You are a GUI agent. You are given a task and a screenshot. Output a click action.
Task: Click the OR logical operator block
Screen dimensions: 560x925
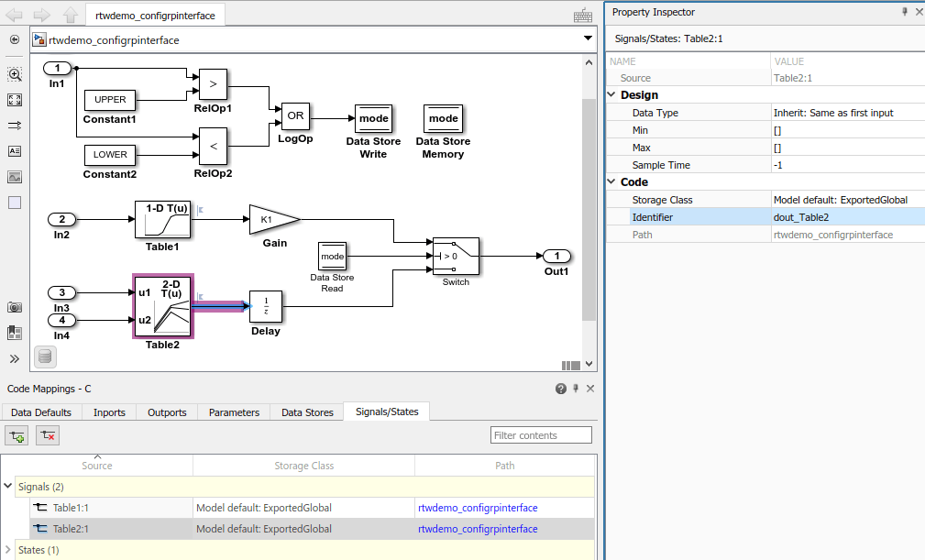coord(295,116)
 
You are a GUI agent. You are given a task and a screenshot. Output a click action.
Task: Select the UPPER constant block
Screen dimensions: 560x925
coord(110,99)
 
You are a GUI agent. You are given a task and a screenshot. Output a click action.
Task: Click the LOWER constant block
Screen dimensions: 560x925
coord(110,154)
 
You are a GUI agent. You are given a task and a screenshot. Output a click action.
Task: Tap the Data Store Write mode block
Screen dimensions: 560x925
coord(373,118)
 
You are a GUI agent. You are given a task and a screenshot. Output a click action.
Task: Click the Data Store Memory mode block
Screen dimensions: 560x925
coord(443,118)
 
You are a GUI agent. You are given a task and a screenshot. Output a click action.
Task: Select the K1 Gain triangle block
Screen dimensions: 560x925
coord(270,219)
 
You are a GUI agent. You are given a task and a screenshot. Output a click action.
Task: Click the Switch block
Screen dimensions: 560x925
coord(456,256)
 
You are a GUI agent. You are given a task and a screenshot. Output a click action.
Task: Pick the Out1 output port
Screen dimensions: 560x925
coord(556,256)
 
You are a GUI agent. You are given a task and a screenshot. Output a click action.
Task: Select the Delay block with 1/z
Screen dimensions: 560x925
coord(266,306)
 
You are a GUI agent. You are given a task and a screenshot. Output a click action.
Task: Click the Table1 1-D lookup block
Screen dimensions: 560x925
coord(163,220)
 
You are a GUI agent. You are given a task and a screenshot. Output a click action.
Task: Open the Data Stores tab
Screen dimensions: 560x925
coord(307,412)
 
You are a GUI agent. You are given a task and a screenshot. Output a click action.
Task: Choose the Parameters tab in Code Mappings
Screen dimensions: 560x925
coord(234,412)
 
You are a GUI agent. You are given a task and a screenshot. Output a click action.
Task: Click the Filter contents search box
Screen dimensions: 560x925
coord(541,435)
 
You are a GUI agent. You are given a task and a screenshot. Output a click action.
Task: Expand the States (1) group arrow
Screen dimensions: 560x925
coord(8,550)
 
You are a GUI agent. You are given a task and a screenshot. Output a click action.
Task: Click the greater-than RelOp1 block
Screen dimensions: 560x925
coord(214,83)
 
